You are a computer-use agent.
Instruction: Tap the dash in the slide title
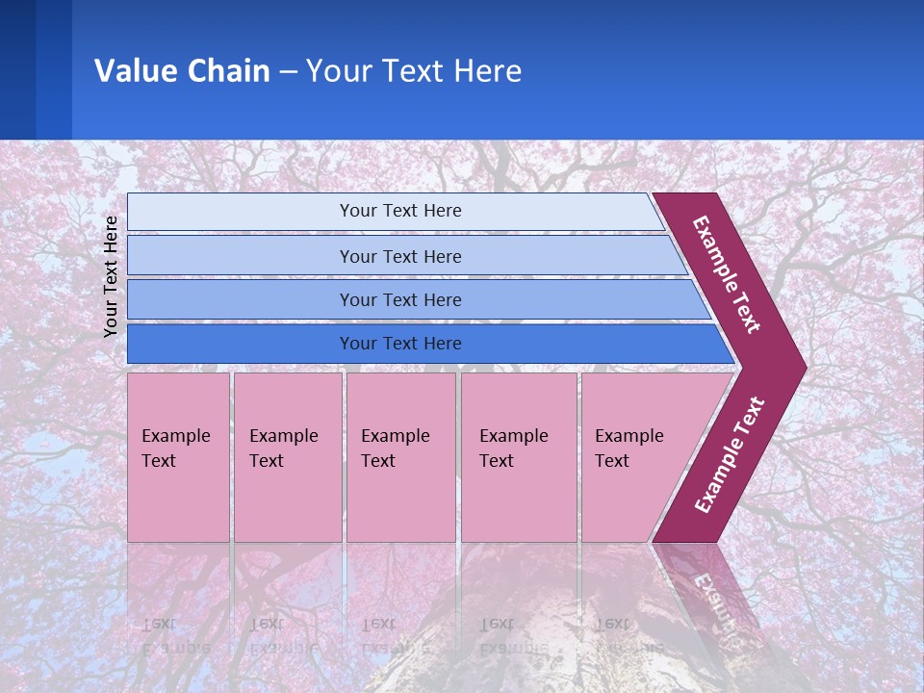pos(289,72)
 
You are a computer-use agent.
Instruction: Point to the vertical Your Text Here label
pos(111,276)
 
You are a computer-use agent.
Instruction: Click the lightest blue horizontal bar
pos(399,211)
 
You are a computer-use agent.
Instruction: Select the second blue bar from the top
pos(399,256)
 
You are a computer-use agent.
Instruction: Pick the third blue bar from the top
pos(399,299)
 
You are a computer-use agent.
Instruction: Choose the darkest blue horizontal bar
pos(399,344)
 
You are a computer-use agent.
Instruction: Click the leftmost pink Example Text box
pos(178,457)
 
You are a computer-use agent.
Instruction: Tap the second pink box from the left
pos(287,457)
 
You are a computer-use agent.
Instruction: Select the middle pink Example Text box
pos(400,457)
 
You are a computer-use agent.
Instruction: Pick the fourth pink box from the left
pos(518,457)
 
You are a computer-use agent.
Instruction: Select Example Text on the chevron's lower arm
pos(730,455)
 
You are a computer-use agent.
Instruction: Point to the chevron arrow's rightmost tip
pos(804,368)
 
